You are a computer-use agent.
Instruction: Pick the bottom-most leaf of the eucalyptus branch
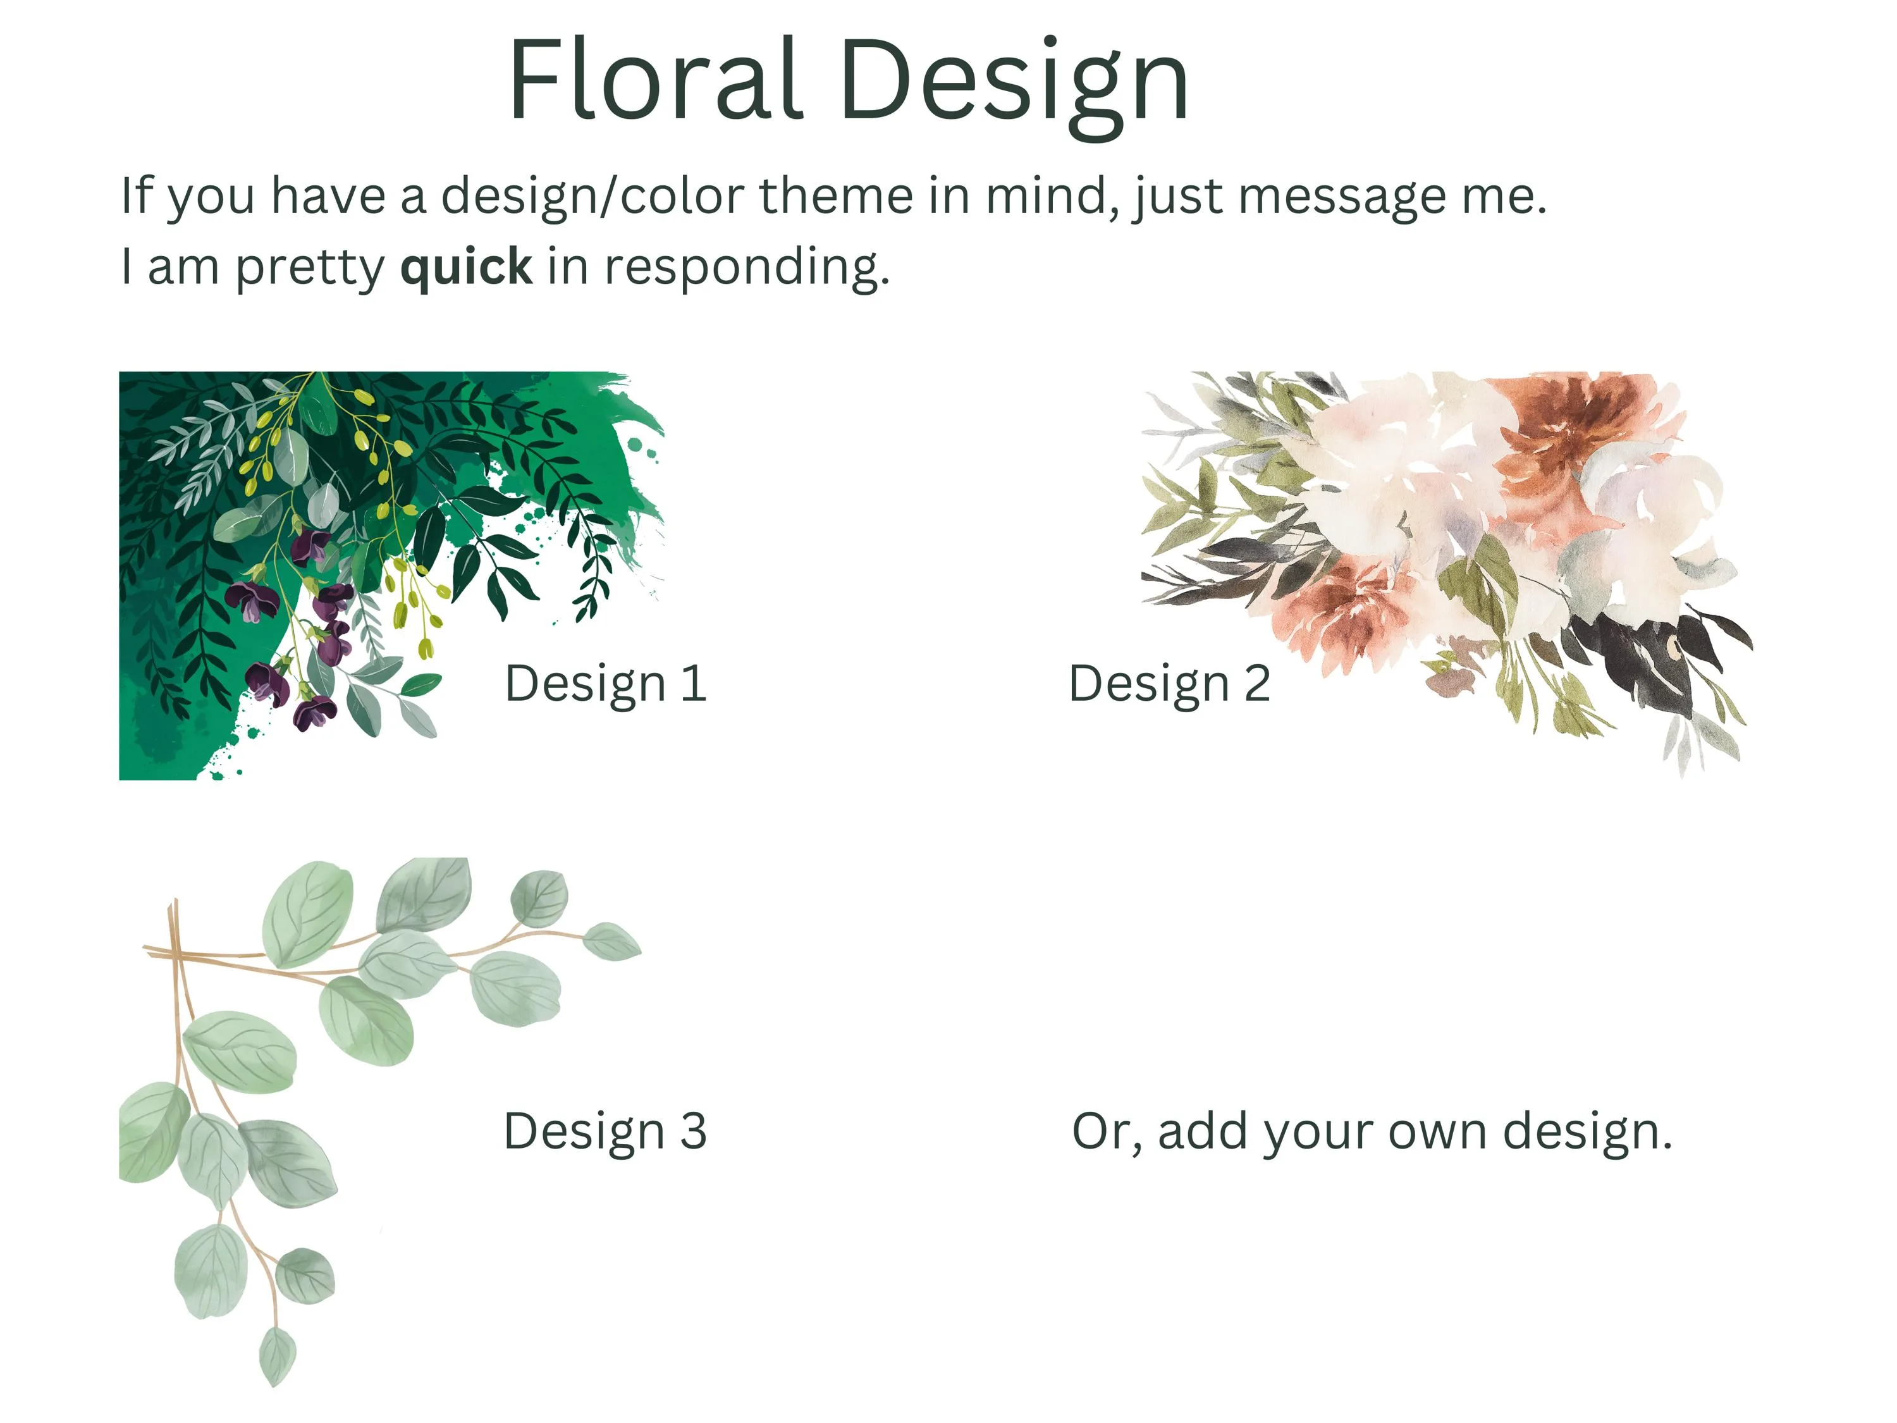[277, 1355]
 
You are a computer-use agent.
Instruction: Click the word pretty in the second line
[310, 269]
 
